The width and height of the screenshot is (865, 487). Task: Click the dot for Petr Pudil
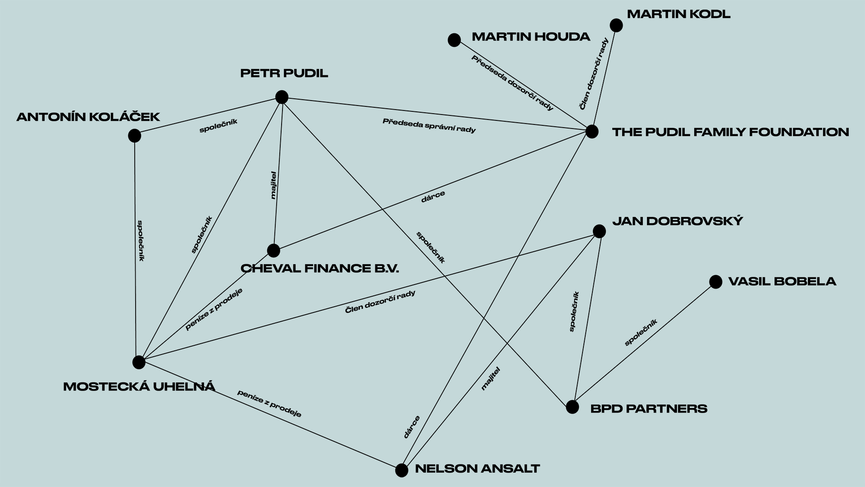click(x=282, y=97)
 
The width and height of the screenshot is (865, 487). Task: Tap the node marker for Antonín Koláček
click(x=134, y=135)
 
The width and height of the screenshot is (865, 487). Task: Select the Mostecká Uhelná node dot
click(x=139, y=362)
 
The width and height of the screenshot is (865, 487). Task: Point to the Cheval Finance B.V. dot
click(x=273, y=250)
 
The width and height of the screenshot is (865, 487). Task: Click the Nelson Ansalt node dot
click(x=401, y=470)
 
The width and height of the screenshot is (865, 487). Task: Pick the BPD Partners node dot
click(x=572, y=407)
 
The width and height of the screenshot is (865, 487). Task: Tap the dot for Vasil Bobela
click(x=715, y=282)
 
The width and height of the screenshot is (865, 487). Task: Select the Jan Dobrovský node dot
click(x=599, y=231)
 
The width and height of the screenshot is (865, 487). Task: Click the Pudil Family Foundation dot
click(x=592, y=132)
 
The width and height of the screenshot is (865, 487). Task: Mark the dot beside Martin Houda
click(x=454, y=40)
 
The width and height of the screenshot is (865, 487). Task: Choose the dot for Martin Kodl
click(x=616, y=25)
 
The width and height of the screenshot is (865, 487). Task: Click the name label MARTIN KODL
click(x=678, y=14)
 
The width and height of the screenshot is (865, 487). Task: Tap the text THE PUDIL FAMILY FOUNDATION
click(x=730, y=132)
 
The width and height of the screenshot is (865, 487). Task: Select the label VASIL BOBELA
click(x=782, y=282)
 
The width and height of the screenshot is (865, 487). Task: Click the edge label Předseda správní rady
click(x=429, y=126)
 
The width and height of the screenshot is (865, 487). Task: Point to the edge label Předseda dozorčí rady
click(x=512, y=83)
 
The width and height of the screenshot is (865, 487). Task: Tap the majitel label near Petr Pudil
click(x=273, y=185)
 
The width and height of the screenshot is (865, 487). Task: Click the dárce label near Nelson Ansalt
click(x=412, y=427)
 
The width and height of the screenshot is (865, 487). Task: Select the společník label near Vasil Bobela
click(x=641, y=333)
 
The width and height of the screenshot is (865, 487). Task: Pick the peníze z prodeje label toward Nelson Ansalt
click(x=269, y=404)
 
